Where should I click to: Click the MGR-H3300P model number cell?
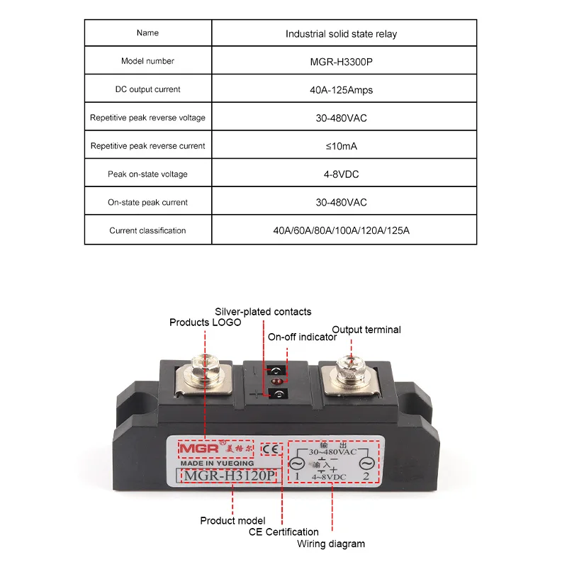click(x=341, y=62)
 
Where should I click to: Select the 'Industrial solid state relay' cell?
click(x=341, y=33)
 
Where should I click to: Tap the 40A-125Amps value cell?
click(x=341, y=90)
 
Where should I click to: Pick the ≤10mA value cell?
click(x=341, y=146)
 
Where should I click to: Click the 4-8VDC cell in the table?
click(x=341, y=174)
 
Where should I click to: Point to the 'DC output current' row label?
click(x=147, y=90)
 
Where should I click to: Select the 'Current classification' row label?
click(x=147, y=230)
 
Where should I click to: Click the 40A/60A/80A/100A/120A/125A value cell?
click(x=341, y=230)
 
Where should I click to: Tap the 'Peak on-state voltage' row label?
click(x=147, y=174)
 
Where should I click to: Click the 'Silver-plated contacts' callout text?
click(x=263, y=312)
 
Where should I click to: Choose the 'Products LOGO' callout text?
click(x=205, y=322)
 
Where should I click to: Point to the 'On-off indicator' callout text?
click(x=302, y=337)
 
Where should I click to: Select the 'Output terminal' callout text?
click(x=366, y=330)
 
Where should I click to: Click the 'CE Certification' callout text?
click(x=283, y=532)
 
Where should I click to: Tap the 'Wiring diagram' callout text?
click(x=332, y=544)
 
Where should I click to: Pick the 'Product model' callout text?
click(x=232, y=521)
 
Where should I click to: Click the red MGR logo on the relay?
click(x=191, y=449)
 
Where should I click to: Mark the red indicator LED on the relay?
click(x=275, y=382)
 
